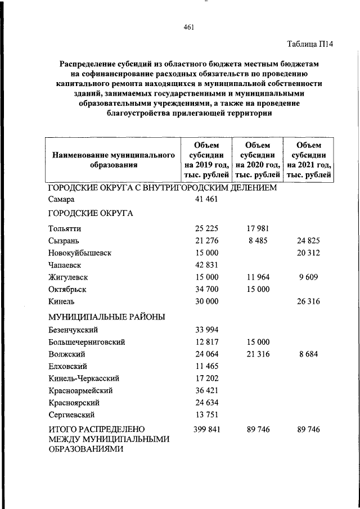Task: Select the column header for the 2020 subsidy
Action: [258, 160]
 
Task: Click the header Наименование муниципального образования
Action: [113, 160]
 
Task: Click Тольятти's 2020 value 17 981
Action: [258, 228]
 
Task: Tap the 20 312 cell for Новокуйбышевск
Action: [308, 253]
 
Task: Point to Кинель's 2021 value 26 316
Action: [308, 302]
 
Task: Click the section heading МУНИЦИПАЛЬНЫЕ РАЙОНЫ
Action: [106, 317]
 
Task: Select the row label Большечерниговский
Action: [87, 342]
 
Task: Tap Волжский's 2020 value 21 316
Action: [258, 354]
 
